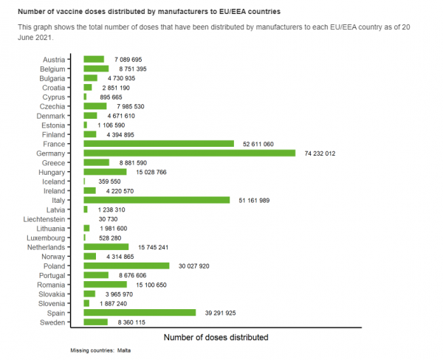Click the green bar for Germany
tap(190, 153)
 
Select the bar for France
tap(159, 143)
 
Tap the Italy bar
tap(157, 200)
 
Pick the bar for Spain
tap(140, 312)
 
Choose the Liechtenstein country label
tap(47, 218)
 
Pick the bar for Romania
tap(105, 284)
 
